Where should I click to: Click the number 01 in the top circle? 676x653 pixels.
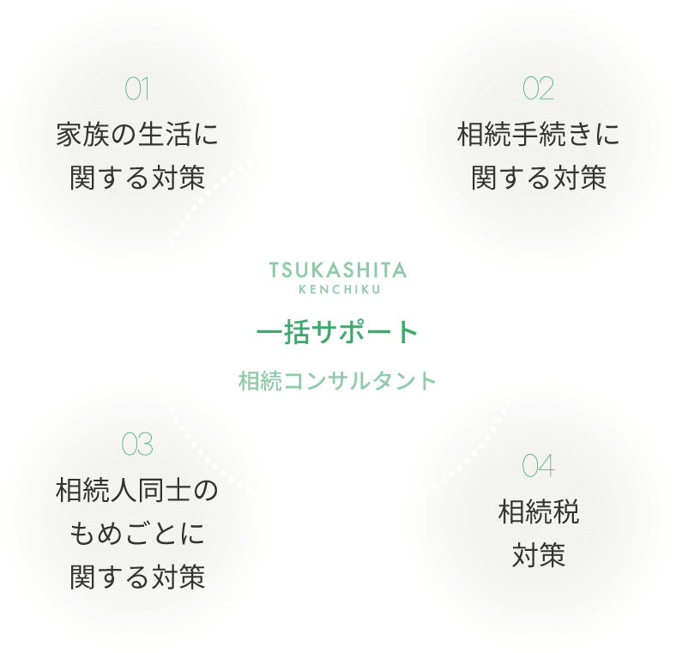click(x=137, y=88)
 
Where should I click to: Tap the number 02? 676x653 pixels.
click(x=538, y=88)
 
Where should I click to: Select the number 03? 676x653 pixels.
click(x=137, y=444)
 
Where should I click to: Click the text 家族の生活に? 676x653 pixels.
click(x=137, y=135)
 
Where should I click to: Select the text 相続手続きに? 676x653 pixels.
click(x=538, y=135)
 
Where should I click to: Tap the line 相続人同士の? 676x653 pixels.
click(x=137, y=491)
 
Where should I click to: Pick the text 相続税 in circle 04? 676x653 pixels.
click(x=538, y=512)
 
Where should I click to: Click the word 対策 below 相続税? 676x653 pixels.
click(x=538, y=555)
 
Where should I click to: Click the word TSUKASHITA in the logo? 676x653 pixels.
click(x=338, y=270)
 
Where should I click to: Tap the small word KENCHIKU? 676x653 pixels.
click(x=338, y=289)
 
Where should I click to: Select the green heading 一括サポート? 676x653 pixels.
click(x=338, y=331)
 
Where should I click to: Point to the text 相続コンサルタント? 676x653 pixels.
click(x=338, y=380)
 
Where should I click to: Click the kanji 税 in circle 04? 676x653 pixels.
click(x=565, y=512)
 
